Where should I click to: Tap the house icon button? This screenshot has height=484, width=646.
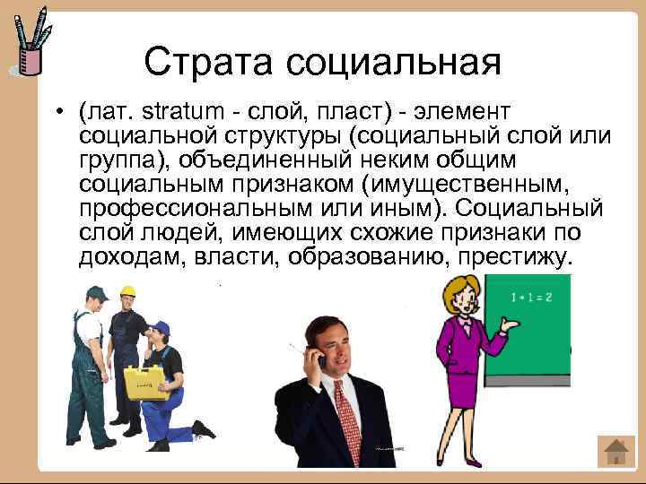click(x=615, y=451)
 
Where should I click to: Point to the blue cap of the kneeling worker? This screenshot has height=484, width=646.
click(x=160, y=327)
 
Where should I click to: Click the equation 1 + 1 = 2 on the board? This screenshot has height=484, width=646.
click(x=529, y=295)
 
